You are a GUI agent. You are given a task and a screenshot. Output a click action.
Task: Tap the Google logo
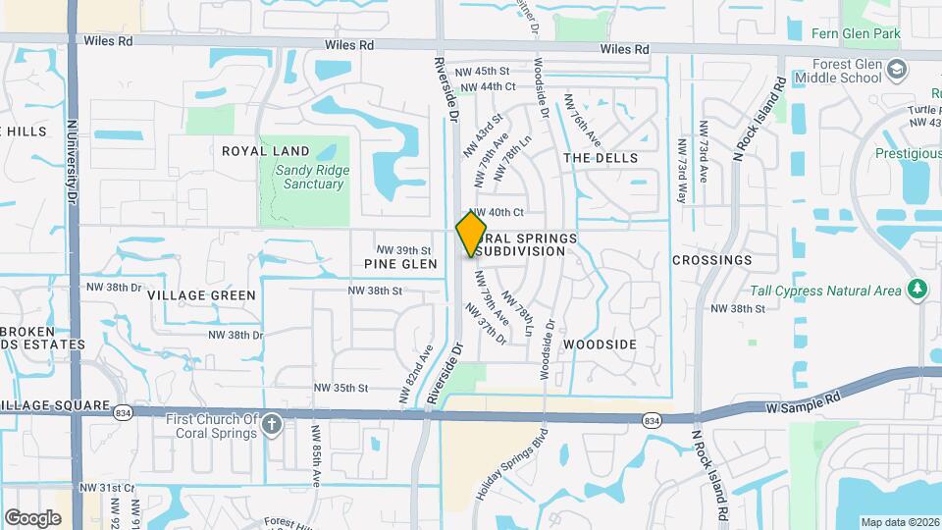(33, 517)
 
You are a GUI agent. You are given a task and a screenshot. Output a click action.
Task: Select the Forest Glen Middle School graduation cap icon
(897, 70)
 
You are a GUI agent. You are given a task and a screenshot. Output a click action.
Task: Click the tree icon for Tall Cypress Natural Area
(917, 290)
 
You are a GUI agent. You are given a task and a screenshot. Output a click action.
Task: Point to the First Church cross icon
(272, 425)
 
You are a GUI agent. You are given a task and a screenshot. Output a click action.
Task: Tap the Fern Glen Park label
(856, 33)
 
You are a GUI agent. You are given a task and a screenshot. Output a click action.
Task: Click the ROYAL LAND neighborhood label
(265, 151)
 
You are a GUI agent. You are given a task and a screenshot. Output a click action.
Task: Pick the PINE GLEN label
(400, 264)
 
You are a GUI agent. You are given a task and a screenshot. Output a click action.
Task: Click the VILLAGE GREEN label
(201, 294)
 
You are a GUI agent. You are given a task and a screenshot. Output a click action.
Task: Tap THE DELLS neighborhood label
(601, 158)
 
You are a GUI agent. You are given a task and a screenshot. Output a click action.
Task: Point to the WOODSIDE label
(600, 344)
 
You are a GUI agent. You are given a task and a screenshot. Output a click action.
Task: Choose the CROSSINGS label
(711, 260)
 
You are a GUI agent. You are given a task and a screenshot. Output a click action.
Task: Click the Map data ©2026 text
(900, 521)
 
